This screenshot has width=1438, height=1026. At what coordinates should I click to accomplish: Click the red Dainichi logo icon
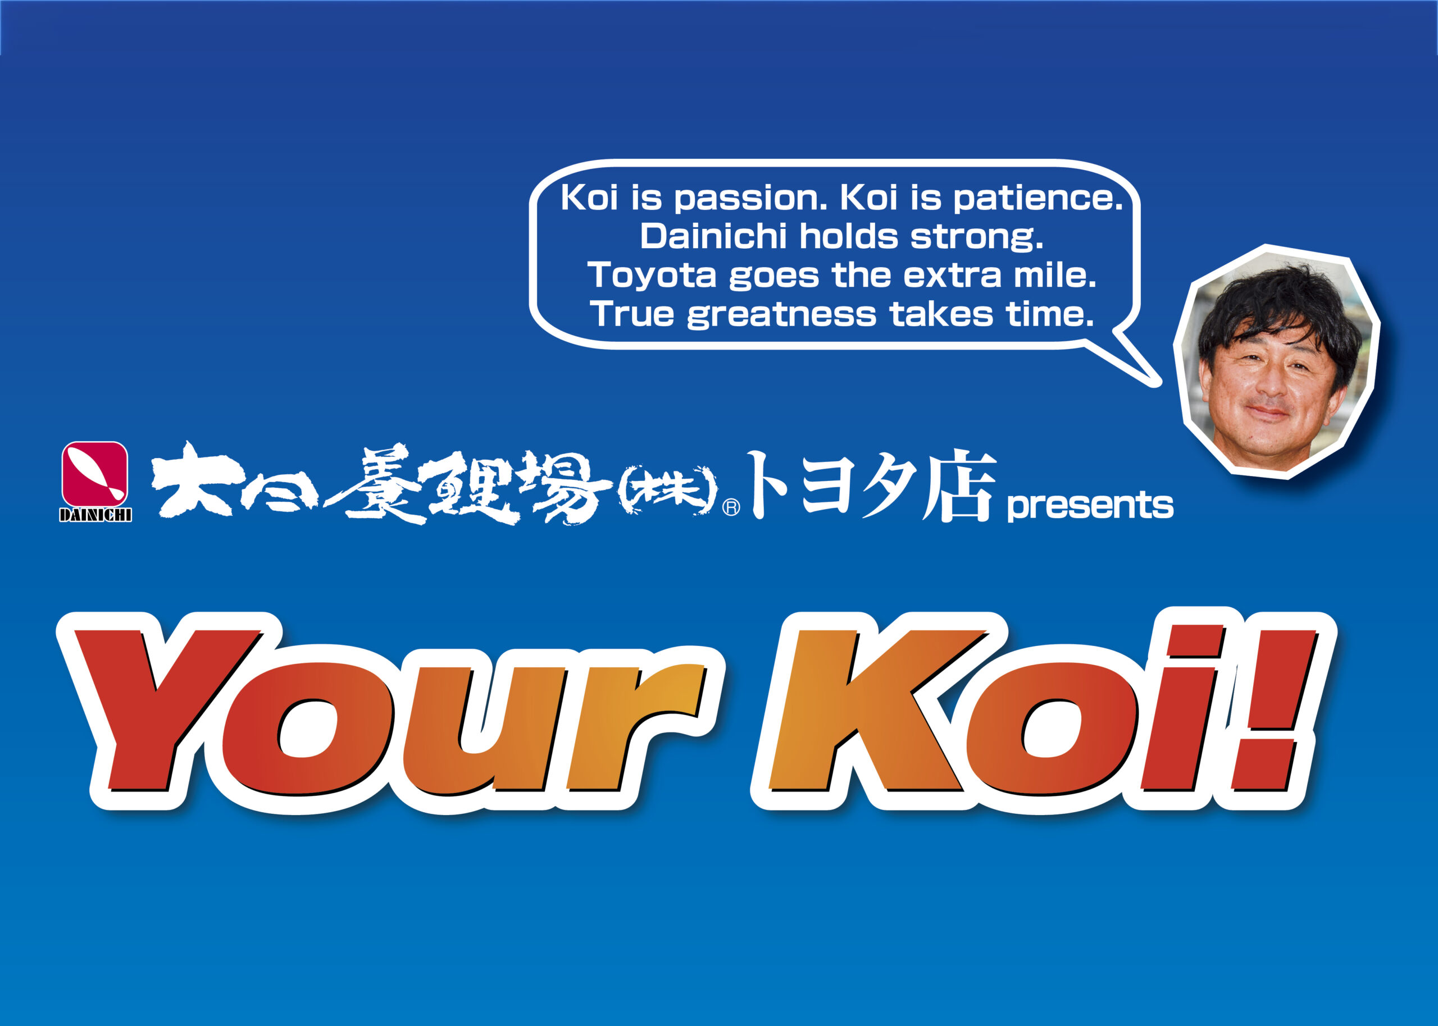(x=95, y=474)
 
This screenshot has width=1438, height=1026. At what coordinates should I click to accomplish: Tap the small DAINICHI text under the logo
(x=95, y=515)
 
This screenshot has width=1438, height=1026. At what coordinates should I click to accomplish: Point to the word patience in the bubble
(x=1038, y=198)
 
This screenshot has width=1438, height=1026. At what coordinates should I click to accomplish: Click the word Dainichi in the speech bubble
(x=713, y=236)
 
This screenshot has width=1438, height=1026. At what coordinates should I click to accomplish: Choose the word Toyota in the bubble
(x=652, y=276)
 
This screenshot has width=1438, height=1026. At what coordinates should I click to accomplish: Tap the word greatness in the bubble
(x=782, y=315)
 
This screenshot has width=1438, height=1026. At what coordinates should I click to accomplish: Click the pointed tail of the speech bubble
(x=1155, y=382)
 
